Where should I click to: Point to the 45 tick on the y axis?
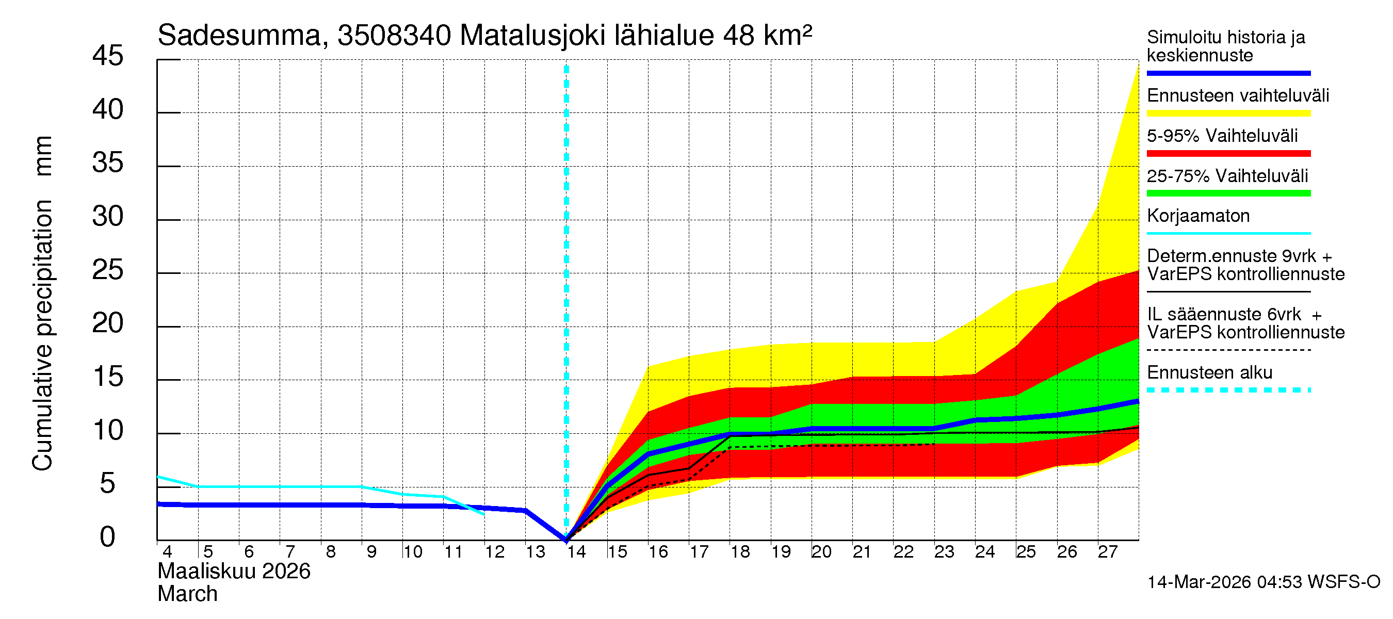point(108,56)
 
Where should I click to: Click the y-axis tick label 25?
point(108,270)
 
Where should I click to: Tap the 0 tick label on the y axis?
point(108,537)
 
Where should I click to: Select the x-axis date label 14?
point(576,552)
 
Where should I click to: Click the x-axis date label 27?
point(1107,552)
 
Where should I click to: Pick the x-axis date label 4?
point(167,552)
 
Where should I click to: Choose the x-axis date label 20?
point(821,552)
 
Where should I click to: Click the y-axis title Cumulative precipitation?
point(42,335)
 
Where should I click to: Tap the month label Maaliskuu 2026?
point(234,572)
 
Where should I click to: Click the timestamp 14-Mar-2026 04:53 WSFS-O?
point(1263,582)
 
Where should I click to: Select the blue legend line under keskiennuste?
point(1228,73)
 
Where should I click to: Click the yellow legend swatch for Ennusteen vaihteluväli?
point(1228,113)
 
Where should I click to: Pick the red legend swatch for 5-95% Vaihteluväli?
point(1228,154)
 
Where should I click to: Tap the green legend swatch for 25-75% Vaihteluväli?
point(1228,193)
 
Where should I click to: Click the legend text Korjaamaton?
point(1198,216)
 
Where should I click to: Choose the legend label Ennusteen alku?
point(1209,373)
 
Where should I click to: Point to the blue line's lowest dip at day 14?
point(565,539)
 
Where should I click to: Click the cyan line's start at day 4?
point(158,477)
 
